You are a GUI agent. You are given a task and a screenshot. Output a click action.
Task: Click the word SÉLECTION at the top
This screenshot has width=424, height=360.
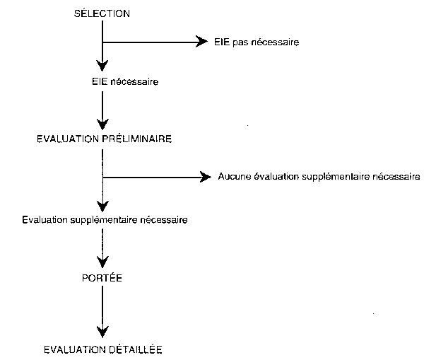[102, 14]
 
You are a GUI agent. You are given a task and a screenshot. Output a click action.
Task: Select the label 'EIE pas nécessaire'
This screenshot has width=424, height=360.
[257, 42]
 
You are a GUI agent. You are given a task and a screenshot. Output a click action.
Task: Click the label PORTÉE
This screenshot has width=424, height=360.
[102, 278]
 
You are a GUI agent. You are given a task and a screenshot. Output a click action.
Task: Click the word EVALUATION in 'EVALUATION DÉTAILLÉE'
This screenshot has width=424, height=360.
[73, 349]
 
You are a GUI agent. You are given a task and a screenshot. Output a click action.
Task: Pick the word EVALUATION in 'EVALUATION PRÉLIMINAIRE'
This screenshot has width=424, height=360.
[66, 139]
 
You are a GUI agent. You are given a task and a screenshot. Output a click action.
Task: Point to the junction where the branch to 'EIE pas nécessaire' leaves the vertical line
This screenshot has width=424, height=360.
[102, 42]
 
